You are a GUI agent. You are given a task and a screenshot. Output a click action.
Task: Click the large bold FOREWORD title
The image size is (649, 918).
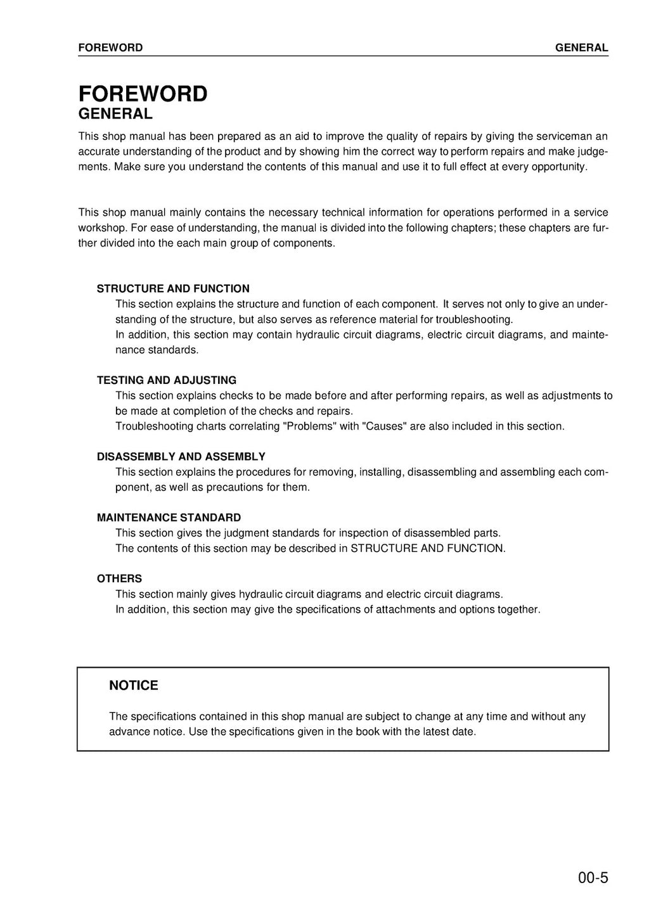click(143, 94)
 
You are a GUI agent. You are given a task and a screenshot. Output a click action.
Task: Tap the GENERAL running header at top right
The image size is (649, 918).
click(581, 48)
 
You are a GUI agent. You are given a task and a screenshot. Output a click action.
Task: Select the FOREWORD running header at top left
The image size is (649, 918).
click(110, 48)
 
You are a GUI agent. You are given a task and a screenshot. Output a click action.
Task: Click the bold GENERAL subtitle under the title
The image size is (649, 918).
click(115, 114)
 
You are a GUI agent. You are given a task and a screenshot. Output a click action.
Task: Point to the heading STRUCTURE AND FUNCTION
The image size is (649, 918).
click(173, 289)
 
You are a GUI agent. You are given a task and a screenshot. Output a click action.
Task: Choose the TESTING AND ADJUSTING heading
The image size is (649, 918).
click(167, 380)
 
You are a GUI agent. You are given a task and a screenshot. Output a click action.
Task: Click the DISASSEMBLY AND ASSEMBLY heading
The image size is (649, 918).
click(181, 457)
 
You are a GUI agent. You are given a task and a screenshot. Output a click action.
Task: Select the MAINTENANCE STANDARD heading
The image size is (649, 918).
click(169, 518)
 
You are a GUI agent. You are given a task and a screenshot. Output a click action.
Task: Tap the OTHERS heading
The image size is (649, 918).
click(119, 578)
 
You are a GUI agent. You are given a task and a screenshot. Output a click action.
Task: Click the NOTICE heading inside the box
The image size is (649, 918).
click(134, 685)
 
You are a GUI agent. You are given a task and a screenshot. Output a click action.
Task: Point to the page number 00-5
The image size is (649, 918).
click(593, 878)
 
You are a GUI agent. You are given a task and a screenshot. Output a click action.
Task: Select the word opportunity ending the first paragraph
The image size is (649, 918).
click(559, 167)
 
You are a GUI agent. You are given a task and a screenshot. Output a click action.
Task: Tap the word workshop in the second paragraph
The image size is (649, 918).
click(101, 228)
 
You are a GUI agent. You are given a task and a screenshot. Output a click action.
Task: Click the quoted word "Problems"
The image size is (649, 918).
click(309, 426)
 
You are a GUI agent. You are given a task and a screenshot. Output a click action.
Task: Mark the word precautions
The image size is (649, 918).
click(236, 487)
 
